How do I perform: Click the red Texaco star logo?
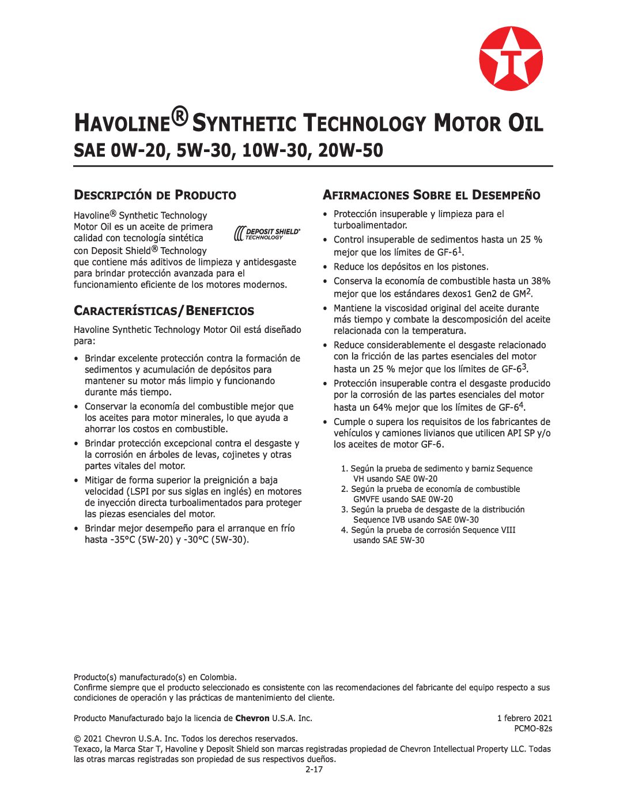click(x=511, y=58)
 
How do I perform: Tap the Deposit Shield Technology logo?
click(x=267, y=233)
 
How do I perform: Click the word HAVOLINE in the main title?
click(x=122, y=123)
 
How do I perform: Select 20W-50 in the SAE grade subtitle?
click(x=350, y=150)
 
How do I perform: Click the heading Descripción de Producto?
click(x=154, y=195)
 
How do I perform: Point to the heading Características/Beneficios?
click(x=164, y=311)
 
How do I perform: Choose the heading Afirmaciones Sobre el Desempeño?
click(x=431, y=195)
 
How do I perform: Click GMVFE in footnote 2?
click(x=366, y=499)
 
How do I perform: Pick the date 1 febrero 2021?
click(x=524, y=718)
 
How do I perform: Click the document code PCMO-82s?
click(x=533, y=729)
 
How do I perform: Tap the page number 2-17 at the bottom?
click(x=314, y=770)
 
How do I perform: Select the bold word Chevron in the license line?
click(x=252, y=718)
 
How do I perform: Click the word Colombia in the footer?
click(x=217, y=677)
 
